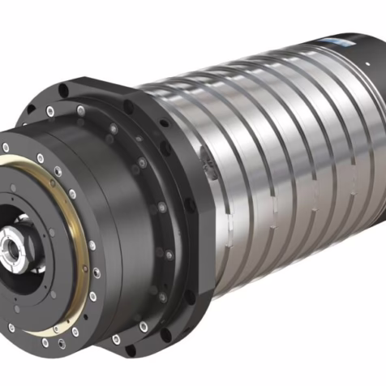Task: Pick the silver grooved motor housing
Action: pos(268,162)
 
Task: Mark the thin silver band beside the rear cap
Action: pos(345,114)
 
